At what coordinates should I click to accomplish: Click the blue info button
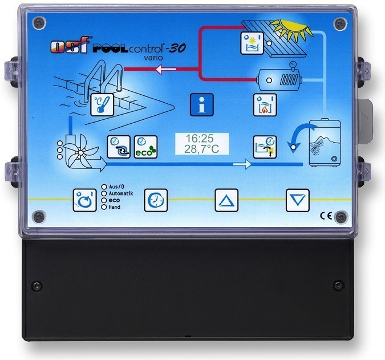201,105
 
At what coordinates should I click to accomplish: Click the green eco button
144,147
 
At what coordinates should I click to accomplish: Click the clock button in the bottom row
155,200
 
